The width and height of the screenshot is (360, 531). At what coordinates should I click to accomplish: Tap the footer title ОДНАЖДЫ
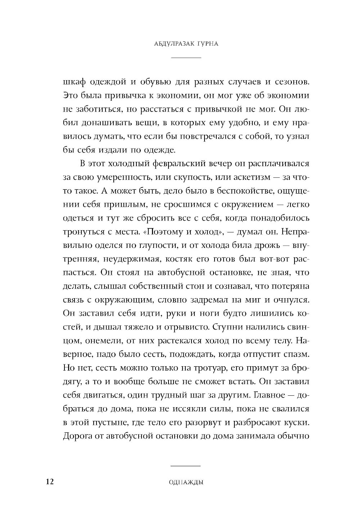pyautogui.click(x=186, y=483)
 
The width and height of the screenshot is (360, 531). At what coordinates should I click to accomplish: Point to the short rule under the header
pyautogui.click(x=186, y=58)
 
